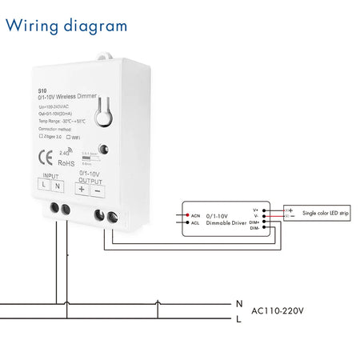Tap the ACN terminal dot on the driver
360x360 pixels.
pyautogui.click(x=185, y=215)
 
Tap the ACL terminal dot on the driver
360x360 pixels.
pyautogui.click(x=185, y=223)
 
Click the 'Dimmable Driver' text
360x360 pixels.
pyautogui.click(x=228, y=223)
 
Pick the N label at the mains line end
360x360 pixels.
pyautogui.click(x=238, y=304)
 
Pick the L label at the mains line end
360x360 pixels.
pyautogui.click(x=238, y=319)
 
